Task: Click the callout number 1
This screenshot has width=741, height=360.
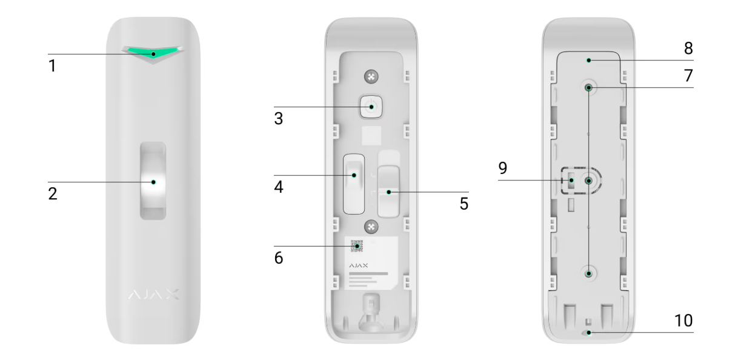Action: pyautogui.click(x=52, y=65)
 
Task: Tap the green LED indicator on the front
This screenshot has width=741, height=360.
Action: pyautogui.click(x=153, y=52)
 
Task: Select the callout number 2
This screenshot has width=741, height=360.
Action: pyautogui.click(x=53, y=193)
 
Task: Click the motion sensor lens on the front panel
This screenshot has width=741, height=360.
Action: pyautogui.click(x=153, y=181)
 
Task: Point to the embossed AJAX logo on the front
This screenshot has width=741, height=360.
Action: pyautogui.click(x=153, y=294)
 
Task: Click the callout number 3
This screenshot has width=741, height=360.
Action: pyautogui.click(x=279, y=118)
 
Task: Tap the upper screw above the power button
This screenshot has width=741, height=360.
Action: pyautogui.click(x=371, y=77)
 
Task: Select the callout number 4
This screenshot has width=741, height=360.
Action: pyautogui.click(x=279, y=187)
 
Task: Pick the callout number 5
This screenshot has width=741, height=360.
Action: pyautogui.click(x=464, y=204)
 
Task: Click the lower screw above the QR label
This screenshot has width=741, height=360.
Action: pyautogui.click(x=371, y=227)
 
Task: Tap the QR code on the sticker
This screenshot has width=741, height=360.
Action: pyautogui.click(x=357, y=246)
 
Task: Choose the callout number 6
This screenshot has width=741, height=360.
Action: pyautogui.click(x=279, y=258)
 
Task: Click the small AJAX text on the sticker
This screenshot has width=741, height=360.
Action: pyautogui.click(x=358, y=265)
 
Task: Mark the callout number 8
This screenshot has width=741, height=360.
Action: pyautogui.click(x=688, y=48)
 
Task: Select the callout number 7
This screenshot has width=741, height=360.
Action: pyautogui.click(x=688, y=75)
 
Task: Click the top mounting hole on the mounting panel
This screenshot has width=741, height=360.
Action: pyautogui.click(x=588, y=87)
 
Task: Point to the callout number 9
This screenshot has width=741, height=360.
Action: pyautogui.click(x=502, y=168)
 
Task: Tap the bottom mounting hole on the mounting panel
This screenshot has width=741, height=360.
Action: pyautogui.click(x=588, y=274)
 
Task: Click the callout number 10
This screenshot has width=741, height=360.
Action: pyautogui.click(x=683, y=320)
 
